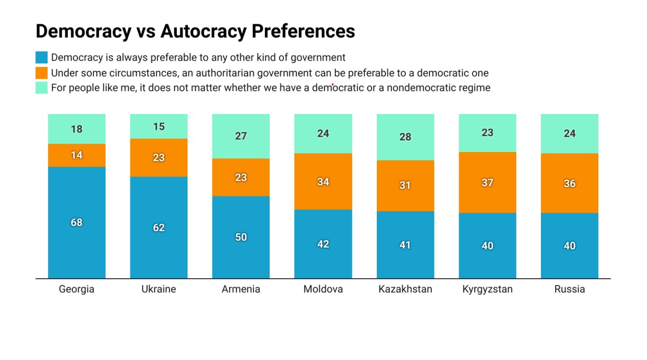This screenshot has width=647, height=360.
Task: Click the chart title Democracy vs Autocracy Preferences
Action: pos(195,31)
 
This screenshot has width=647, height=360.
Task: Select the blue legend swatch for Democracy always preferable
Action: pos(42,58)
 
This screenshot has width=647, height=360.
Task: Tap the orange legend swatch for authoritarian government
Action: pos(42,73)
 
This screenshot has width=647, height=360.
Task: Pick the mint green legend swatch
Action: pos(42,88)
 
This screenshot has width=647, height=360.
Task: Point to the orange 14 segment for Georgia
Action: pos(77,155)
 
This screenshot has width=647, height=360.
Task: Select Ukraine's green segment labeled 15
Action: pos(159,126)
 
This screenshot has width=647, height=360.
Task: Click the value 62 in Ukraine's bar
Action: pos(159,228)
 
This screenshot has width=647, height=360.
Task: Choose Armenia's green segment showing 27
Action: pos(241,136)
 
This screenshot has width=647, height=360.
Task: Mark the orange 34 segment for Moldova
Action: pos(323,182)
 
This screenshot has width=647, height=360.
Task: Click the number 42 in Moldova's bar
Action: pos(323,244)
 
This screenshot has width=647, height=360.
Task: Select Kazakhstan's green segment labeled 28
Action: pos(405,137)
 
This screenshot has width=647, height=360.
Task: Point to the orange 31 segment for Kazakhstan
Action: pos(405,185)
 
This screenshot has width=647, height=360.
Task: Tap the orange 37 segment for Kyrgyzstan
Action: pos(487,183)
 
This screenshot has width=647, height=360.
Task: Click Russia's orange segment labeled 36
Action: pos(569,183)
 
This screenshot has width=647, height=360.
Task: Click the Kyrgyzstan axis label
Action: pos(487,289)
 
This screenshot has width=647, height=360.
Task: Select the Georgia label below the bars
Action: pos(77,289)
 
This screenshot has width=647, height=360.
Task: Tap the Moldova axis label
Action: pos(323,289)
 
